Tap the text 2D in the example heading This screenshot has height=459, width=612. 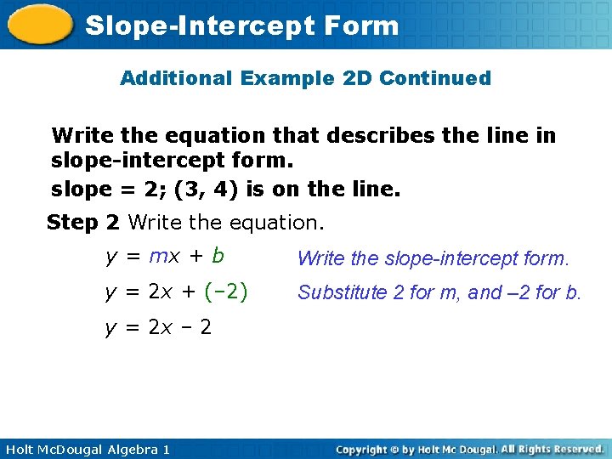point(353,79)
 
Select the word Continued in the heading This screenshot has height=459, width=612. point(435,79)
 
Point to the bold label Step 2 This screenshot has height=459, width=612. point(83,223)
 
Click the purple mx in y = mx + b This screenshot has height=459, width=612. point(163,256)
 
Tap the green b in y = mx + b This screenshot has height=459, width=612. point(218,255)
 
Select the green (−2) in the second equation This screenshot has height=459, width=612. point(226,292)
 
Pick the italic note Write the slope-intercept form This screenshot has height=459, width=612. point(433,258)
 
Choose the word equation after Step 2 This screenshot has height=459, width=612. point(275,223)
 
